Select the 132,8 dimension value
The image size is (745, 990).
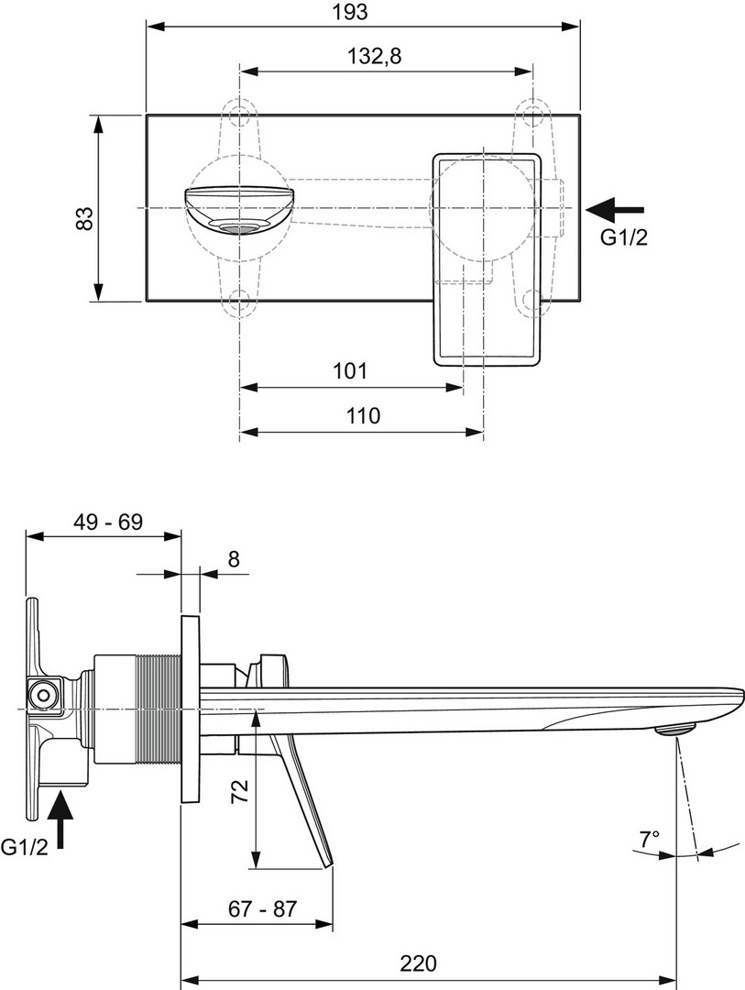[x=375, y=57]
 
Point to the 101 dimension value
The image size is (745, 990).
[x=349, y=371]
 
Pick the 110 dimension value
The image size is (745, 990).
[x=362, y=416]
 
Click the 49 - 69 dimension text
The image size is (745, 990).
[x=108, y=522]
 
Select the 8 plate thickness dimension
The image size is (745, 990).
[x=234, y=558]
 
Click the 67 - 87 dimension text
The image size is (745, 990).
[x=263, y=909]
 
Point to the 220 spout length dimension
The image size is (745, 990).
[x=418, y=963]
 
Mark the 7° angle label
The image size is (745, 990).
[x=649, y=838]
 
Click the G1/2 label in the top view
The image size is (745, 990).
[x=623, y=238]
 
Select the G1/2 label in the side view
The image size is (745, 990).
[x=25, y=848]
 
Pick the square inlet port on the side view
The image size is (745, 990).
[x=41, y=694]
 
